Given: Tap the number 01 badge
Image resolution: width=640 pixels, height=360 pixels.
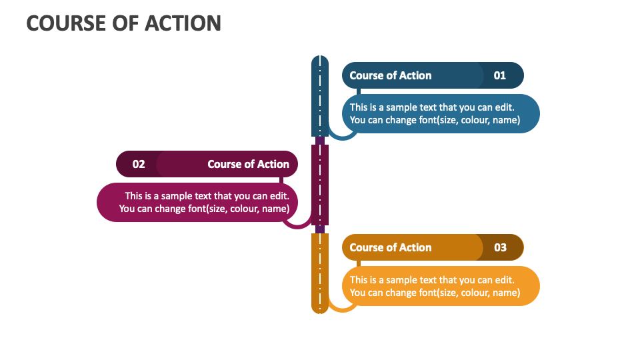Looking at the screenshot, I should tap(500, 75).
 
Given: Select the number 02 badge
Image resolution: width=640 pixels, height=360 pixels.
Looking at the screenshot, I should tap(139, 164).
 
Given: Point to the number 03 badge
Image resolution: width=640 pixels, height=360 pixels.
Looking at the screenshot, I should tap(500, 247).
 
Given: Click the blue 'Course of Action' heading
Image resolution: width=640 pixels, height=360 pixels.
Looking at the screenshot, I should tap(391, 75).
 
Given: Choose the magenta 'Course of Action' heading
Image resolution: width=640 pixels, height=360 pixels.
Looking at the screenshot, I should tap(248, 164).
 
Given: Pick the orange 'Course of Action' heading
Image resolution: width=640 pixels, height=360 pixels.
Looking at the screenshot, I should tap(391, 247).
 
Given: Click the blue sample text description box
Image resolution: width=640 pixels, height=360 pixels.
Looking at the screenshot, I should tap(440, 113).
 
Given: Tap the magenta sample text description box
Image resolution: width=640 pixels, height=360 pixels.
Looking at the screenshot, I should tap(200, 202).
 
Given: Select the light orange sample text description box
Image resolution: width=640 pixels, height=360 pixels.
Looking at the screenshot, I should tap(440, 286).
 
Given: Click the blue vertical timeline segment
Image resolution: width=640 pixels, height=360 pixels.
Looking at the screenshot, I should tap(320, 97).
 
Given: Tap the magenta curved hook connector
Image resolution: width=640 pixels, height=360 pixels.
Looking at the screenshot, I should tap(297, 226).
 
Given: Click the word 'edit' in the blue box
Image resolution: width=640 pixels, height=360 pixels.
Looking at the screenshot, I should tap(504, 107).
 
